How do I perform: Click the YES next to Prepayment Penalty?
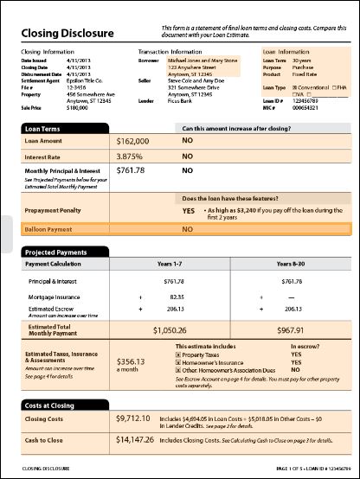point(188,210)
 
